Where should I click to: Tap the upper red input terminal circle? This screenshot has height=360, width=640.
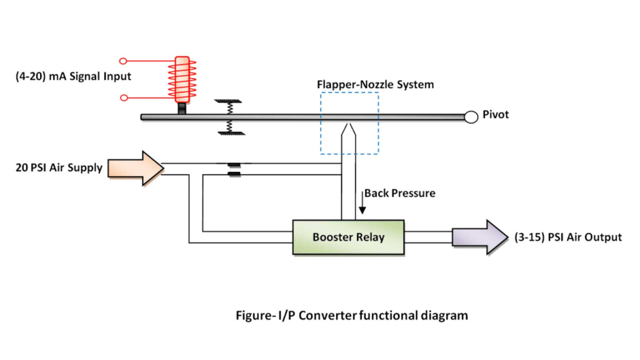coord(123,61)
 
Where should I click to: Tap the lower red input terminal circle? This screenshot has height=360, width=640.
coord(124,98)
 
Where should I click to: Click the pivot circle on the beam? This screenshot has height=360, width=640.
coord(471,117)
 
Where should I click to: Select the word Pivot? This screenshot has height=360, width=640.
coord(495,115)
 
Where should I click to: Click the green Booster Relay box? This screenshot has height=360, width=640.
coord(348,237)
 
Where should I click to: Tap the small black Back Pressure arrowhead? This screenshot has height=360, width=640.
coord(362,210)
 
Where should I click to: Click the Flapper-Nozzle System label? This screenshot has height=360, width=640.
coord(375,85)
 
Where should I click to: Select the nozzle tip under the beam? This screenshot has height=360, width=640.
coord(349,128)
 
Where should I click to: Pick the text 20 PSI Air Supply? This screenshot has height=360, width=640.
coord(59,168)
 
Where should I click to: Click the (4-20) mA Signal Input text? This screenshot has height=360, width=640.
coord(73,76)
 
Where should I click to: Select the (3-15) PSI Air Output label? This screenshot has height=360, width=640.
coord(568,237)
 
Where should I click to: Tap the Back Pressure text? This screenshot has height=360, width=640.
coord(400,193)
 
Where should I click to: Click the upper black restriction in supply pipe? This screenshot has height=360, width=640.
coord(234,165)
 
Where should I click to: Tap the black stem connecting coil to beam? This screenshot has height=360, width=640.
coord(182,108)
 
